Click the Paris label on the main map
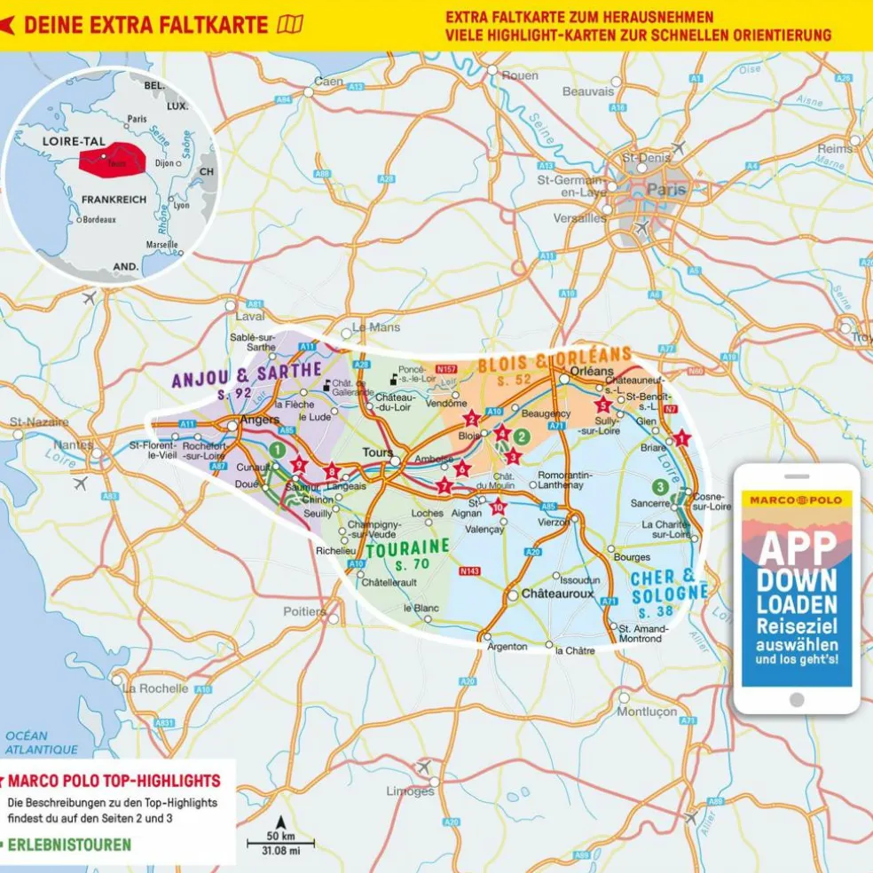(x=666, y=189)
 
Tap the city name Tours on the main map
(x=377, y=452)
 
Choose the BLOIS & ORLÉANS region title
(x=554, y=361)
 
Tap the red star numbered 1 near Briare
(x=681, y=437)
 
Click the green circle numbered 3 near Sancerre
(x=660, y=486)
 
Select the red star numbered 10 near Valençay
(x=498, y=507)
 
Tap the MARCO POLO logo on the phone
(x=796, y=499)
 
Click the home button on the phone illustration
(x=796, y=700)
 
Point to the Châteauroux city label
(x=557, y=593)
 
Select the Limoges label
(x=411, y=790)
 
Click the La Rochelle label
(x=156, y=688)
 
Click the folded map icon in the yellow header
(x=290, y=24)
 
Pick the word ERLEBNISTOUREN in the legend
(x=68, y=845)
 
